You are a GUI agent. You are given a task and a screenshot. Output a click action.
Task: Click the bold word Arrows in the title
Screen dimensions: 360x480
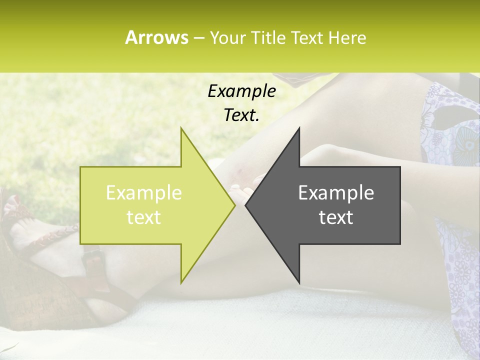click(156, 37)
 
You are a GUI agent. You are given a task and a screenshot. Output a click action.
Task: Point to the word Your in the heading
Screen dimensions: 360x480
click(228, 37)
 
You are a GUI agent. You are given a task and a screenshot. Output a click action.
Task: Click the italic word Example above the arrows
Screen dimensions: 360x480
click(241, 91)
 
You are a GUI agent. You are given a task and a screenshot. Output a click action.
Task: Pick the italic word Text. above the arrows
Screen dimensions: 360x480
click(241, 115)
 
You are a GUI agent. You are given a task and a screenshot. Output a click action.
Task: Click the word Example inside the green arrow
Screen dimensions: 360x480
click(144, 192)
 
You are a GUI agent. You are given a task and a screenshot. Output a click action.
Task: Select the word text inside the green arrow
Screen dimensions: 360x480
click(144, 217)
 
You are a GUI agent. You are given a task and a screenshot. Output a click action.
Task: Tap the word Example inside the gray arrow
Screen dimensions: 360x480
click(336, 192)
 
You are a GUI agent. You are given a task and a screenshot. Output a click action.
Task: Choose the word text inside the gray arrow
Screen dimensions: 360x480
click(336, 217)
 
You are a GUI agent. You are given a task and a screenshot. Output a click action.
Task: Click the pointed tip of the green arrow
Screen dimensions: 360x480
click(235, 205)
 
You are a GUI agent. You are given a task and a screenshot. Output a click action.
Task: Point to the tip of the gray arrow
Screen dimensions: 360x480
click(245, 205)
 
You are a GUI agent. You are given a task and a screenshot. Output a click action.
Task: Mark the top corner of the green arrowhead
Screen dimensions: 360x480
click(181, 127)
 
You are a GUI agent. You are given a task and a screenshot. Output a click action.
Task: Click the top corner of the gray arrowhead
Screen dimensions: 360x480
click(299, 127)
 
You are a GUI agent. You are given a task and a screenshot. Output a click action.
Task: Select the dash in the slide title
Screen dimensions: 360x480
click(198, 38)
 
